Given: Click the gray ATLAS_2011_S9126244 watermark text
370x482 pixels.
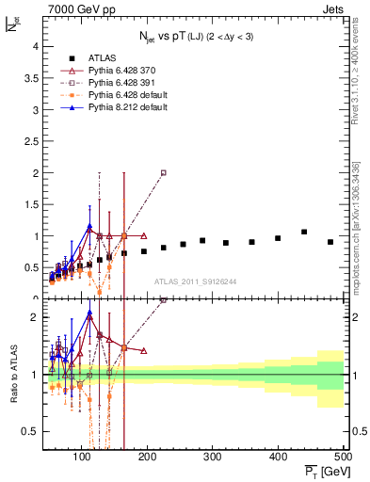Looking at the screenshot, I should pos(195,281).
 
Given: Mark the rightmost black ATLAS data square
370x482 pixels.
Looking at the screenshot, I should pos(330,242).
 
